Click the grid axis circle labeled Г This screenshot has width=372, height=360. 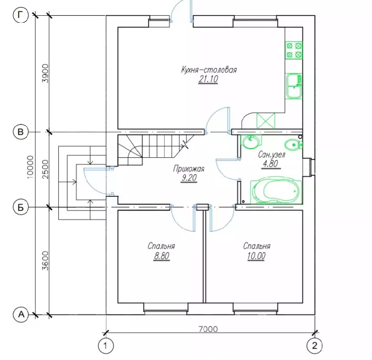pyautogui.click(x=21, y=16)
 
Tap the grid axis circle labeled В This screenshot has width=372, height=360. pyautogui.click(x=21, y=131)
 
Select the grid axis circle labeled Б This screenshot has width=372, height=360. pyautogui.click(x=21, y=207)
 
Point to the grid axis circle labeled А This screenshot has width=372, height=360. pyautogui.click(x=21, y=314)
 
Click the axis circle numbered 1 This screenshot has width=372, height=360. pyautogui.click(x=106, y=346)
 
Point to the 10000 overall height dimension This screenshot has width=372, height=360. pyautogui.click(x=30, y=166)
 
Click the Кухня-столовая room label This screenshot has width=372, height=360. pyautogui.click(x=209, y=69)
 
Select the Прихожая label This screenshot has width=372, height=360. pyautogui.click(x=189, y=168)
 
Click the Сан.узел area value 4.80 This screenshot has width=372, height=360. pyautogui.click(x=268, y=165)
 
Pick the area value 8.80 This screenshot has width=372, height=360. pyautogui.click(x=161, y=257)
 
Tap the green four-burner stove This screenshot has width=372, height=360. pyautogui.click(x=294, y=49)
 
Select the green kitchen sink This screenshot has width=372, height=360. pyautogui.click(x=293, y=86)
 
